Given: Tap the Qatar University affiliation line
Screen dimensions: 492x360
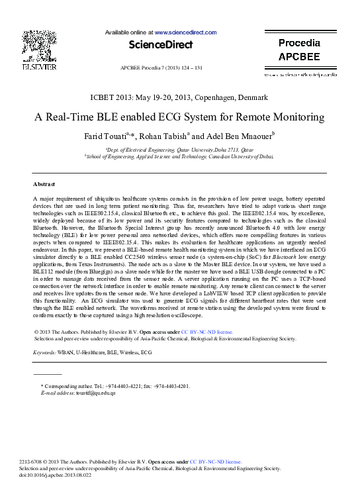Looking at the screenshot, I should click(179, 150).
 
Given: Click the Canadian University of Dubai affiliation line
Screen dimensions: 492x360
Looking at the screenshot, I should click(179, 158).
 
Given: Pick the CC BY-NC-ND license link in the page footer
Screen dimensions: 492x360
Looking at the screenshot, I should click(216, 462).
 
